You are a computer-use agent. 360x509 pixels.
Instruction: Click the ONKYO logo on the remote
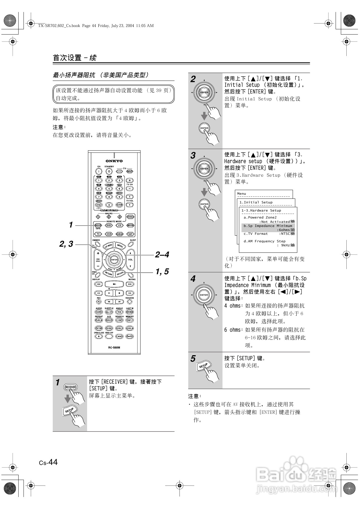tap(114, 161)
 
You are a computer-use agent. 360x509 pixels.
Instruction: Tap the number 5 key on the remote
tap(109, 189)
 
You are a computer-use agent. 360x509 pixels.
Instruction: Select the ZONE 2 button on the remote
tap(130, 217)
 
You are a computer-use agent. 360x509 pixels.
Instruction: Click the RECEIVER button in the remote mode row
tap(98, 225)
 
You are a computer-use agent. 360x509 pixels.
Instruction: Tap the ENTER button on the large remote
tap(114, 259)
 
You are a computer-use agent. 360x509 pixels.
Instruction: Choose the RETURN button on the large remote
tap(108, 273)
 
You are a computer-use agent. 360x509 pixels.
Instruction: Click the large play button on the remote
tap(114, 284)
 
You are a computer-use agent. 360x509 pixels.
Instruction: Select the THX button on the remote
tap(119, 312)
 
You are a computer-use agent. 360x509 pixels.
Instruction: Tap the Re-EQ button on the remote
tap(129, 336)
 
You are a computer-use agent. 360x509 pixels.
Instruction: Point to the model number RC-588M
tap(114, 347)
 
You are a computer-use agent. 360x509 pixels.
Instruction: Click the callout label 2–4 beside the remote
tap(162, 255)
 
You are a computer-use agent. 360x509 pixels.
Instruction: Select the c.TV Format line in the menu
tap(255, 234)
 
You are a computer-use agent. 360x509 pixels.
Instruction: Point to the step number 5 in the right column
tap(193, 359)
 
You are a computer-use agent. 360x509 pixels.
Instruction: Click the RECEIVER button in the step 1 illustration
tap(71, 387)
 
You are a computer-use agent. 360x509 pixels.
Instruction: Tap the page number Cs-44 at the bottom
tap(48, 462)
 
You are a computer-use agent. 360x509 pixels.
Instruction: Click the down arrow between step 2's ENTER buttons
tap(204, 115)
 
